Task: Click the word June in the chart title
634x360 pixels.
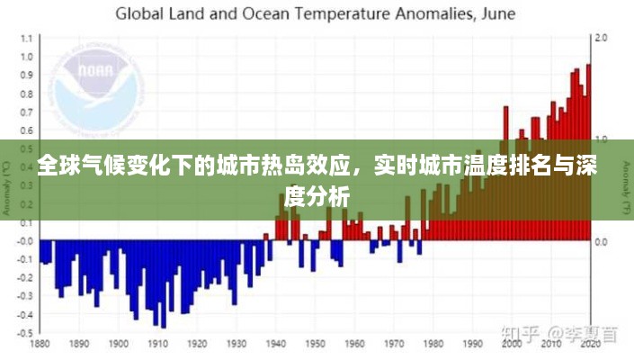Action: (498, 13)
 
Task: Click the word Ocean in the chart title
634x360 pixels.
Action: (279, 13)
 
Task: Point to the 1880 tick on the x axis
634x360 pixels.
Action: (40, 344)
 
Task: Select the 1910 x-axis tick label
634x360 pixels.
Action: (159, 344)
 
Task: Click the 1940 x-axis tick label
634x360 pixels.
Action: (277, 344)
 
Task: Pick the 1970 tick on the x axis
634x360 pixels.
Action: (394, 344)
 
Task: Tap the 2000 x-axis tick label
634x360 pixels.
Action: (511, 344)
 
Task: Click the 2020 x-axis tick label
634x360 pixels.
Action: (590, 344)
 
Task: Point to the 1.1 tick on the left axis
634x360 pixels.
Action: (25, 38)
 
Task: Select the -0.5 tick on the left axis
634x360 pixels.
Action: (23, 332)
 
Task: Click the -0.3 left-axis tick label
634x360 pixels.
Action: (23, 295)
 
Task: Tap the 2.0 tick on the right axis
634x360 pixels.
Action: (602, 38)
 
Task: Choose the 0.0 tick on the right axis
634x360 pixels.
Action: (602, 242)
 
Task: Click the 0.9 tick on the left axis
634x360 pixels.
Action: (25, 75)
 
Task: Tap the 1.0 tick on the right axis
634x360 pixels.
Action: (602, 139)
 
